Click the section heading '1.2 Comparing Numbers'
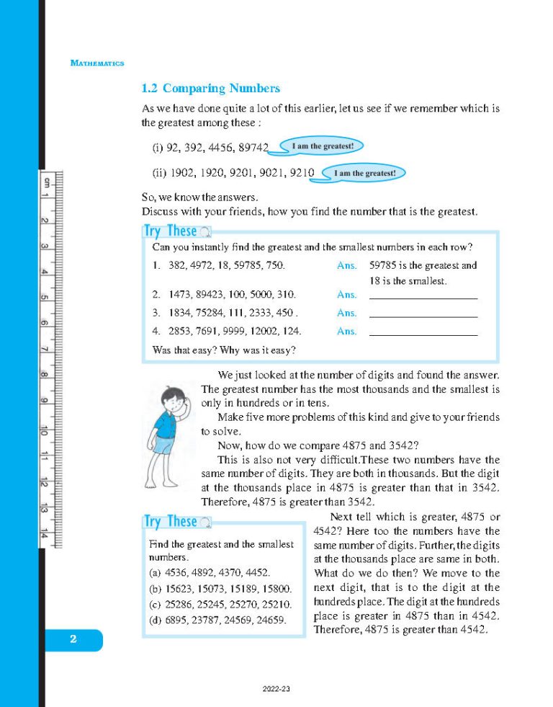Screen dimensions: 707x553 tap(210, 89)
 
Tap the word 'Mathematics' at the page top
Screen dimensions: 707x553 tap(97, 63)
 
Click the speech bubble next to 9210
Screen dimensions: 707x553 tap(365, 174)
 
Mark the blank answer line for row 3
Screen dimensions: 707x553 tap(423, 316)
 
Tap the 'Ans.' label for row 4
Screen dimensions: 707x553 tap(346, 332)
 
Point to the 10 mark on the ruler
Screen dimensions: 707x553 tap(45, 430)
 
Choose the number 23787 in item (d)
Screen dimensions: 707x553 tap(210, 619)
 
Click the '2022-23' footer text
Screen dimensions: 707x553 tap(276, 690)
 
